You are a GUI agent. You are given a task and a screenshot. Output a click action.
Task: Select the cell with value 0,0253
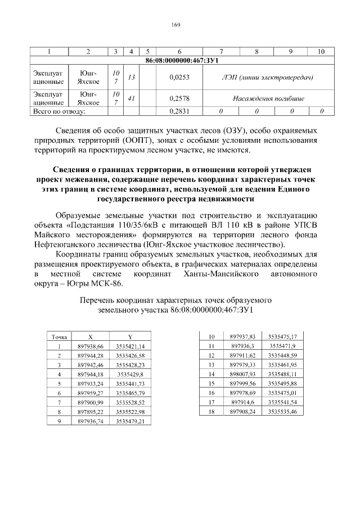179,77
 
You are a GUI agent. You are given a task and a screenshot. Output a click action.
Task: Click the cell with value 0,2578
179,98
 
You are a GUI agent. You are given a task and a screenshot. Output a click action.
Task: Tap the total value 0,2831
179,111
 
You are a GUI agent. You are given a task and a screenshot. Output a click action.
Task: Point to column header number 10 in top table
321,52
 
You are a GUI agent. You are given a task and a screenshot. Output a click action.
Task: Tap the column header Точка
59,337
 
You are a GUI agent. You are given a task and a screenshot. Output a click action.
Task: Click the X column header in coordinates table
91,337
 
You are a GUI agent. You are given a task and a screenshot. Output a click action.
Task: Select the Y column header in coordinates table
130,337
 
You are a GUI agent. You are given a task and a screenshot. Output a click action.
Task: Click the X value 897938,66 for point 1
91,346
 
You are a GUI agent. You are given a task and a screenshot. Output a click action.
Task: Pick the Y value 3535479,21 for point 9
130,421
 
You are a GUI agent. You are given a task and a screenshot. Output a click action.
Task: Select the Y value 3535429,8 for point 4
130,375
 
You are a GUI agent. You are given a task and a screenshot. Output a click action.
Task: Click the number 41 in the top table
130,98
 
